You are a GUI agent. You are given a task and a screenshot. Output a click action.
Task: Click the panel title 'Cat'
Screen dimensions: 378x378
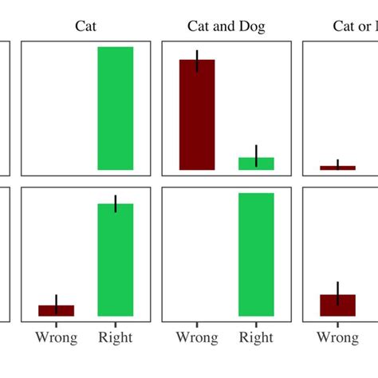(x=86, y=26)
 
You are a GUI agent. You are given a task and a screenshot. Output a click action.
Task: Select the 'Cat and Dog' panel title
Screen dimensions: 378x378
(x=226, y=26)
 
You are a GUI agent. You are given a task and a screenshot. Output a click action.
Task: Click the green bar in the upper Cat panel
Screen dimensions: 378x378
(x=116, y=108)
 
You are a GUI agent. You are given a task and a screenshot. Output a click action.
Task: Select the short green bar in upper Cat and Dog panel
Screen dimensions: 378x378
(x=256, y=163)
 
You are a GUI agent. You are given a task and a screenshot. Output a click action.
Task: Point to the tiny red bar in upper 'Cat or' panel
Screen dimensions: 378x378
(x=337, y=167)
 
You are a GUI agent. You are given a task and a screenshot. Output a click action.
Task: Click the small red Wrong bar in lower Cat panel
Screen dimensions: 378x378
(x=56, y=310)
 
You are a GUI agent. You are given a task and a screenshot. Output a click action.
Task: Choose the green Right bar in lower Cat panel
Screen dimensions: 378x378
(x=116, y=260)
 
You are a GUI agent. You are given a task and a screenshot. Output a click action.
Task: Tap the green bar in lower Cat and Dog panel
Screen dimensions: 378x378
(x=256, y=254)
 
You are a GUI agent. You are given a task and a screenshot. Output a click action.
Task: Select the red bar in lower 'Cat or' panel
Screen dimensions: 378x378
(x=337, y=305)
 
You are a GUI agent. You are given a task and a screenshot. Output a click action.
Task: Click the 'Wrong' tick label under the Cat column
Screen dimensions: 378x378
(x=56, y=338)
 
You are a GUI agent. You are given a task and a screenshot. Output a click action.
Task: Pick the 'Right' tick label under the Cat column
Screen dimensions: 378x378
(x=116, y=338)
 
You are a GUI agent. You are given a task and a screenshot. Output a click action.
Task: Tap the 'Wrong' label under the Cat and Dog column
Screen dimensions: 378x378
(x=197, y=338)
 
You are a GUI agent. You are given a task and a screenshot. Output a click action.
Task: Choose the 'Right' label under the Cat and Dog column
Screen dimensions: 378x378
(x=256, y=338)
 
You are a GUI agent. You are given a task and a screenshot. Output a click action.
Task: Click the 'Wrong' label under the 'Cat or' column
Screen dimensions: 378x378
(x=337, y=338)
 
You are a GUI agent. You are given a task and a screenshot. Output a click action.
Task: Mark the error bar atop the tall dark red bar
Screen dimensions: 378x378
(x=197, y=61)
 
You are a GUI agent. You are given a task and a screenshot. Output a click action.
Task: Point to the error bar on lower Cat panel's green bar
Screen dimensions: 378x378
(x=116, y=203)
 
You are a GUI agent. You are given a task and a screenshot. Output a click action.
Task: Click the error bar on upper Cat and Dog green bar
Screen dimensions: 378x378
(x=256, y=155)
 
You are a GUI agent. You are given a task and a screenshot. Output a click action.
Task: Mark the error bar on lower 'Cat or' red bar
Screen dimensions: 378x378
(x=337, y=292)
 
